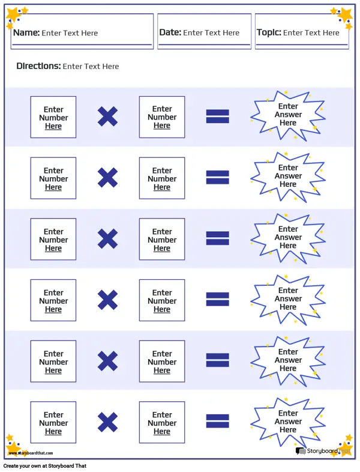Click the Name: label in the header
click(x=26, y=32)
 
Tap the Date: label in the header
click(x=170, y=32)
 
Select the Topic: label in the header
click(x=269, y=32)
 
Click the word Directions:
click(x=38, y=66)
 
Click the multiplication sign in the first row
click(x=107, y=116)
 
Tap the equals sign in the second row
click(x=217, y=177)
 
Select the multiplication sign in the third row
click(x=107, y=239)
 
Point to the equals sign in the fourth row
click(x=217, y=299)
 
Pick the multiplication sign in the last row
click(x=107, y=422)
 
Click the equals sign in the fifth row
click(x=217, y=360)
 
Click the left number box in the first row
click(x=53, y=117)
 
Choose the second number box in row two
click(x=162, y=178)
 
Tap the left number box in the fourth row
click(x=53, y=300)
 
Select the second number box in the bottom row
click(x=162, y=422)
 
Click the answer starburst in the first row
click(x=288, y=115)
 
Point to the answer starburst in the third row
click(x=288, y=238)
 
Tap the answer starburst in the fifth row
click(x=288, y=360)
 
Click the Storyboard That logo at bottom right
click(x=322, y=451)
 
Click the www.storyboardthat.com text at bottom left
click(x=31, y=453)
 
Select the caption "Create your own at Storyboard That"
click(x=45, y=465)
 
